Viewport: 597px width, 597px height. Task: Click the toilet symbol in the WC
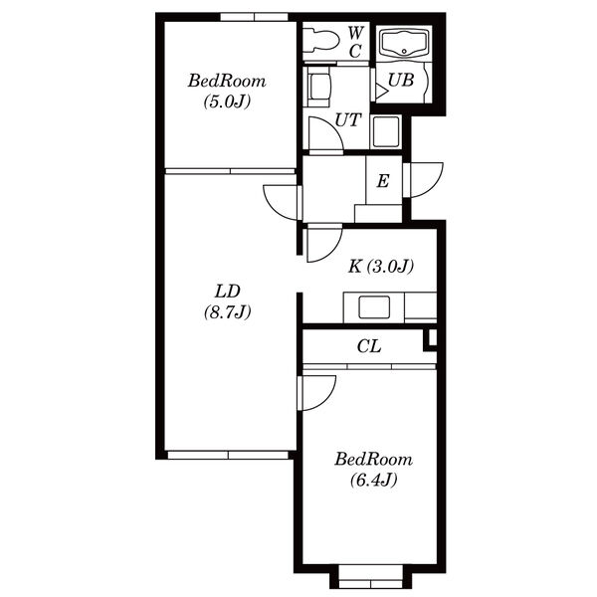321,40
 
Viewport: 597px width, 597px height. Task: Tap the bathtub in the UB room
404,44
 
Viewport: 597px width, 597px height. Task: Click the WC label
355,42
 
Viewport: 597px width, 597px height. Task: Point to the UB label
401,81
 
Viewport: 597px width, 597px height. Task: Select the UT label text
347,120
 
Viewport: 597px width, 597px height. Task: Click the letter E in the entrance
383,181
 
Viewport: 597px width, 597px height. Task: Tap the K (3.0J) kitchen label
381,266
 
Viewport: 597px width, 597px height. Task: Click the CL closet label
369,346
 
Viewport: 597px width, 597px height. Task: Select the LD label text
228,292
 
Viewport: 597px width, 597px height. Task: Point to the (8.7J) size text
227,312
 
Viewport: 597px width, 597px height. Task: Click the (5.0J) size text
227,101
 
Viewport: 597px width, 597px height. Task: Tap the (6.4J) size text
374,480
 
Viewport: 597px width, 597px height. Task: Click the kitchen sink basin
374,307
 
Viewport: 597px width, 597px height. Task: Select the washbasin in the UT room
318,87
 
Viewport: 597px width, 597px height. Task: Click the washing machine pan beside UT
386,131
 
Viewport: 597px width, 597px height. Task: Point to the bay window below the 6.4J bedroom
370,577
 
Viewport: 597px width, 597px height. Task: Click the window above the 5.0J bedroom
254,17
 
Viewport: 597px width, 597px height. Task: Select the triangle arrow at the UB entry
381,92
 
